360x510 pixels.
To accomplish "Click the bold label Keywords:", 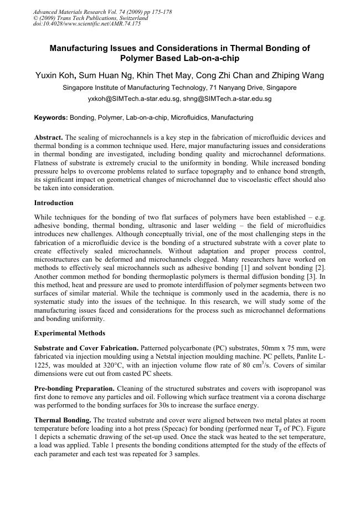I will [51, 118].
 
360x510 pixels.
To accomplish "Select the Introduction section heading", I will [54, 203].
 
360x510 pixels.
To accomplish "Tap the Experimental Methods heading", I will [67, 334].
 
